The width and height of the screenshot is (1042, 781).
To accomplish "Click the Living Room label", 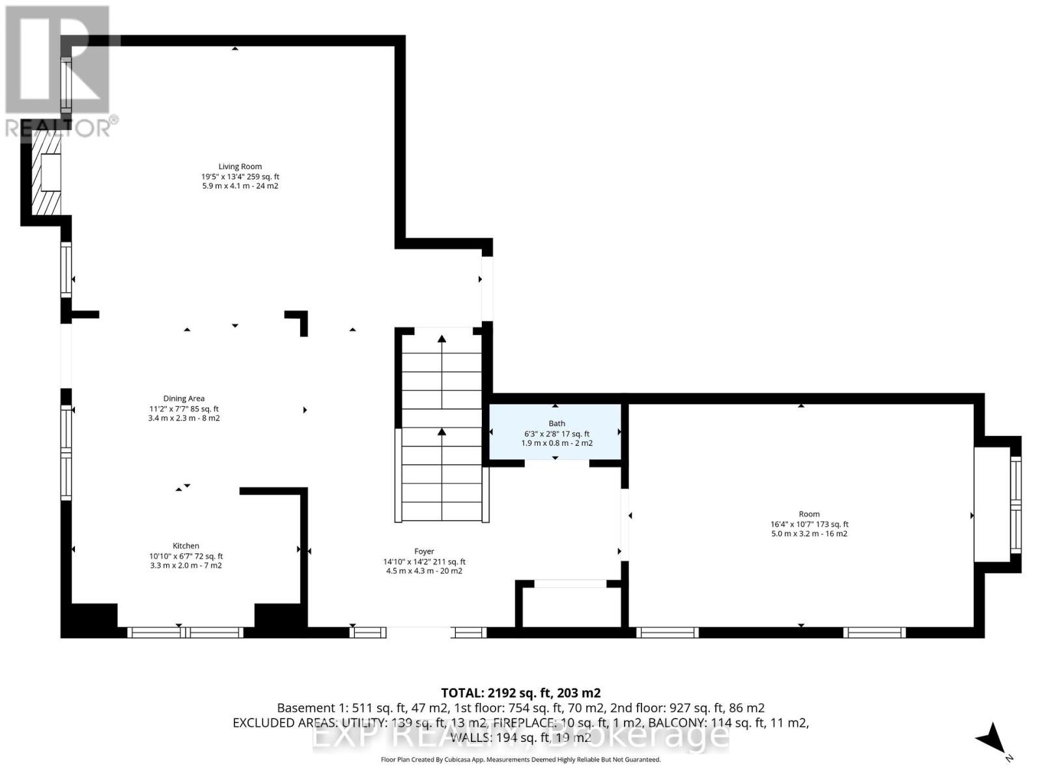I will tap(240, 167).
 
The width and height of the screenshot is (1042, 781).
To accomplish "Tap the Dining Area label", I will tap(184, 398).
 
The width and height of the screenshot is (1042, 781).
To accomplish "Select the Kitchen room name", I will tap(186, 546).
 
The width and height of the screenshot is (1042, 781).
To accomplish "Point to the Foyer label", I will tap(424, 551).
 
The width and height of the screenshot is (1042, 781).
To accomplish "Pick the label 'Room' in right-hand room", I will tap(809, 514).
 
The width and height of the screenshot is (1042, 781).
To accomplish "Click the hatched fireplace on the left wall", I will tap(46, 172).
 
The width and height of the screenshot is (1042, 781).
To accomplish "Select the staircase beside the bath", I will tap(442, 430).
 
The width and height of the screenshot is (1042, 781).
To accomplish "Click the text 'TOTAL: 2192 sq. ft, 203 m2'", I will tap(520, 693).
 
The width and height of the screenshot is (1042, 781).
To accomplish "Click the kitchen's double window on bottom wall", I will tap(186, 632).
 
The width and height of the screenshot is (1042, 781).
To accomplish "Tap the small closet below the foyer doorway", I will tap(570, 607).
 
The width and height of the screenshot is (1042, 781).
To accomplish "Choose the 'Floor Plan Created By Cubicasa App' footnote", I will tap(520, 760).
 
